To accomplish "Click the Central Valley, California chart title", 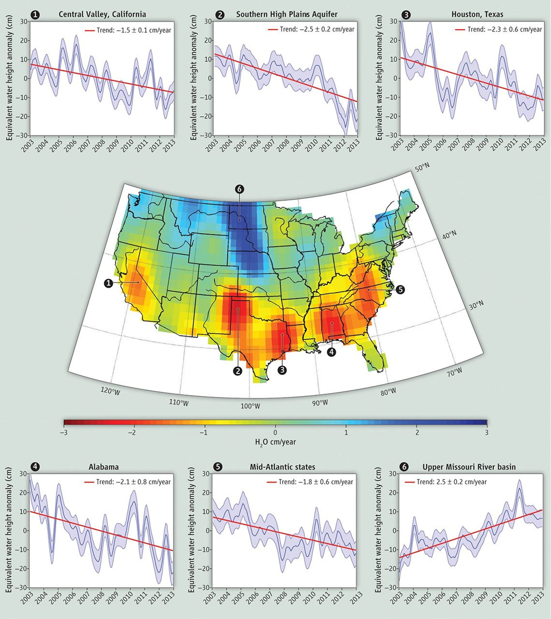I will click(x=102, y=14).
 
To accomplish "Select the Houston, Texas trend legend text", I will click(x=504, y=29).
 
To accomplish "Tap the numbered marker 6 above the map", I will click(x=239, y=189).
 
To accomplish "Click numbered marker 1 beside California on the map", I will click(x=108, y=284).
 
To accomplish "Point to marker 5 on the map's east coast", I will click(x=400, y=289).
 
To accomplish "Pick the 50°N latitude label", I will click(x=422, y=168).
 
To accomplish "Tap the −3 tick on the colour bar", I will click(x=64, y=432).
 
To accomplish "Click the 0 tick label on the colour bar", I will click(x=275, y=432).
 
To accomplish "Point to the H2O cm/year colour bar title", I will click(x=275, y=442).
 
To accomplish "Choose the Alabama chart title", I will click(x=104, y=467).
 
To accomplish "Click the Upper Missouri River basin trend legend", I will click(x=451, y=482).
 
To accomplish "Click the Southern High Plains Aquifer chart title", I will click(x=287, y=14).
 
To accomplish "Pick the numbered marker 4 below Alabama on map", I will click(x=331, y=352).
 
